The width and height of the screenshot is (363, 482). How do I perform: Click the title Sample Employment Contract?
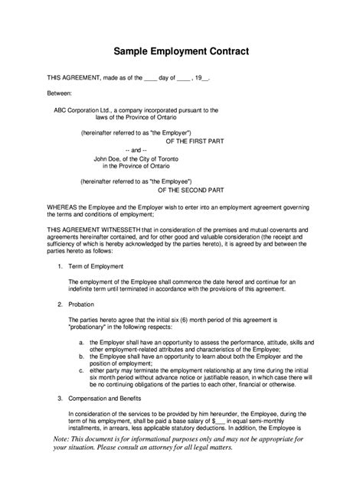pos(181,52)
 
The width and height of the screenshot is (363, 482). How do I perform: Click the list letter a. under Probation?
pos(81,342)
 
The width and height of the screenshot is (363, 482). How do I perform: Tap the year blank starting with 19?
pos(201,78)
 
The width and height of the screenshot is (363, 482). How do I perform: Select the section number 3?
pos(60,399)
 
